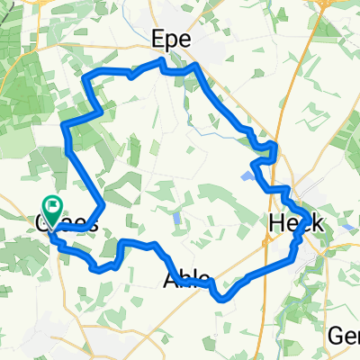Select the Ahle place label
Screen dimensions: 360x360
point(187,279)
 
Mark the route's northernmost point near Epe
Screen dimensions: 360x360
point(161,60)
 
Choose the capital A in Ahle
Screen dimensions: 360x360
point(171,279)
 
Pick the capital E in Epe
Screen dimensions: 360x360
point(158,40)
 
